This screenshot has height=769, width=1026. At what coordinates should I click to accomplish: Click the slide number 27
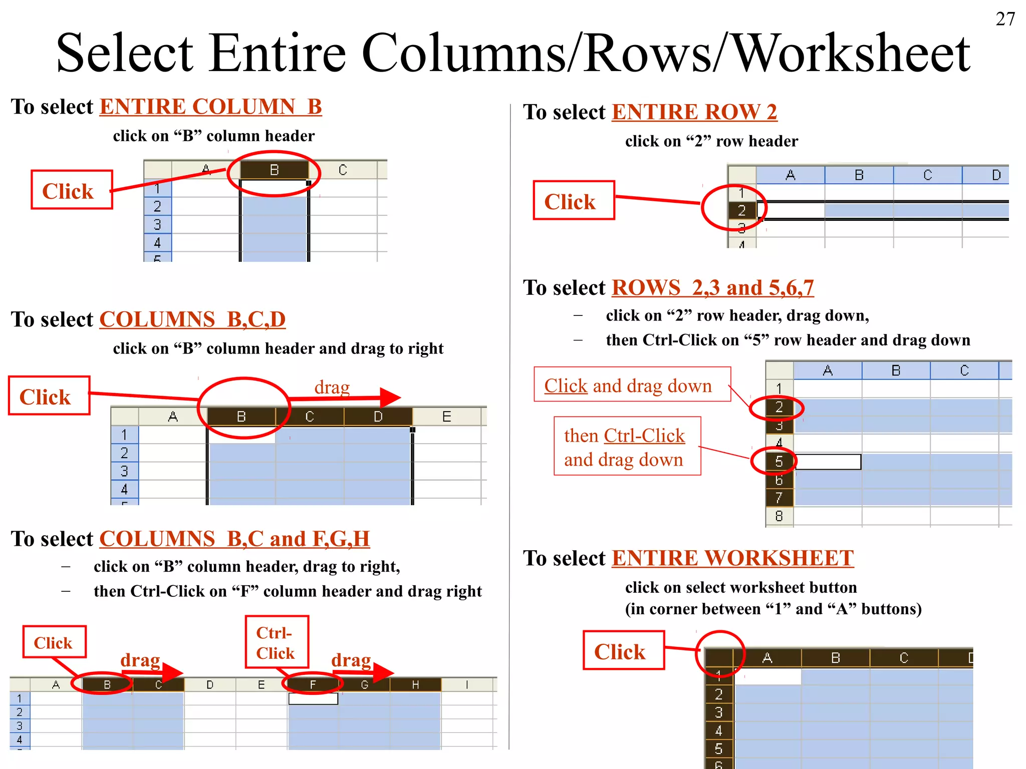click(1005, 19)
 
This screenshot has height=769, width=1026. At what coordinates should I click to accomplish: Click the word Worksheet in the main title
click(852, 53)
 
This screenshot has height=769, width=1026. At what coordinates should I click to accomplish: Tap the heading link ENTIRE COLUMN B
click(210, 107)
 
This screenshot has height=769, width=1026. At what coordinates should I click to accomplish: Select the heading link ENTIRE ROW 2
click(694, 112)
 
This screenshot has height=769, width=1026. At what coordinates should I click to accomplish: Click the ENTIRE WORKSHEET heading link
click(732, 558)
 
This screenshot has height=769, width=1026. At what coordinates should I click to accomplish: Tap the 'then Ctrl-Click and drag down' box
click(627, 446)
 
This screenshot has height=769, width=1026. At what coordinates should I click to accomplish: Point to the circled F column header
click(313, 684)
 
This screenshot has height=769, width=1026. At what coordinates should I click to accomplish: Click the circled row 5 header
click(778, 461)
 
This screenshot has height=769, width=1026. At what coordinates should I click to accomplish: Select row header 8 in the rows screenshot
click(779, 516)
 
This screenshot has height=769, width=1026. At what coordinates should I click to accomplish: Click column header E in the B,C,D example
click(446, 417)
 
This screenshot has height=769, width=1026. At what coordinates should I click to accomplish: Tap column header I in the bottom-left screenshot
click(467, 684)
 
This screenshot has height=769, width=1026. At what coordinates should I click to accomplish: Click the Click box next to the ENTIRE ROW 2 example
click(574, 201)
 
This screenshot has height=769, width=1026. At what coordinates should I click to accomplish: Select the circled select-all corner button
click(719, 657)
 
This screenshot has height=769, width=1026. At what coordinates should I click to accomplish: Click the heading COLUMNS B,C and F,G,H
click(234, 539)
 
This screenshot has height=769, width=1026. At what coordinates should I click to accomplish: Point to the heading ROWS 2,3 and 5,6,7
click(712, 288)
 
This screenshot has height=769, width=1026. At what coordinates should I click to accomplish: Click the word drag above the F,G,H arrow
click(351, 660)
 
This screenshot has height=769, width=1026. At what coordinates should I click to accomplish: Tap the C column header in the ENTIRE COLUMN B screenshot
click(343, 170)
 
